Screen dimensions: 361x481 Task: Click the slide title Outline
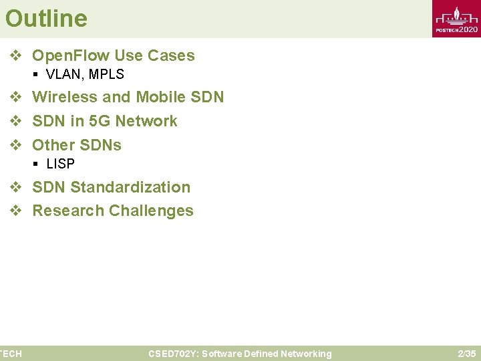(x=46, y=18)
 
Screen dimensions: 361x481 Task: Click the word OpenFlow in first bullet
(x=72, y=55)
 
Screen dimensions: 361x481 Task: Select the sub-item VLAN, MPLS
(x=85, y=74)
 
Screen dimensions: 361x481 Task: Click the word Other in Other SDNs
(x=53, y=145)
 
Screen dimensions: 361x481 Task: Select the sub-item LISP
(x=60, y=164)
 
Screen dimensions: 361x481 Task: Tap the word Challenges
(x=151, y=211)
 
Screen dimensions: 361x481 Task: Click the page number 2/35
(x=466, y=354)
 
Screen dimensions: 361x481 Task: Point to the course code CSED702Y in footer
(x=172, y=354)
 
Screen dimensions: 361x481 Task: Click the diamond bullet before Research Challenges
(x=15, y=211)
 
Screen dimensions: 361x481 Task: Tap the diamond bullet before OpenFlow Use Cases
(x=15, y=56)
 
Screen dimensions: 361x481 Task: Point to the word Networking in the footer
(x=305, y=354)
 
